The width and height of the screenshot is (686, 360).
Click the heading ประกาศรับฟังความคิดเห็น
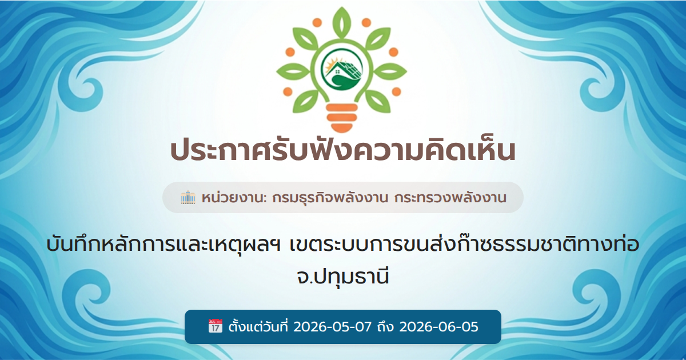[342, 150]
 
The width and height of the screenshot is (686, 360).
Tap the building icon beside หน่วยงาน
[188, 198]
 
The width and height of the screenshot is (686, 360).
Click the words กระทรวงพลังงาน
[450, 198]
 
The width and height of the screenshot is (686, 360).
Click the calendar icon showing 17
[216, 326]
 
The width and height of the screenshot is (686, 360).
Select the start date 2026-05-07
[332, 327]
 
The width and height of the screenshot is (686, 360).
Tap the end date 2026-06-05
[438, 327]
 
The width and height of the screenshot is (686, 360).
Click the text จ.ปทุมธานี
[342, 277]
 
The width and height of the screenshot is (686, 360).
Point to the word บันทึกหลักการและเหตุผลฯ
[163, 245]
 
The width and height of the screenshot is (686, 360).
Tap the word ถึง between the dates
[385, 327]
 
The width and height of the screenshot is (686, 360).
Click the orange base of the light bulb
[342, 118]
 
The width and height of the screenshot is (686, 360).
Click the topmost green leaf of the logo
[341, 22]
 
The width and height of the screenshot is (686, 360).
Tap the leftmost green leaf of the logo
[293, 71]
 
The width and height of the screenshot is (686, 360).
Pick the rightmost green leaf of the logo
[390, 71]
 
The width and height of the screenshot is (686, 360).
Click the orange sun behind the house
[330, 66]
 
